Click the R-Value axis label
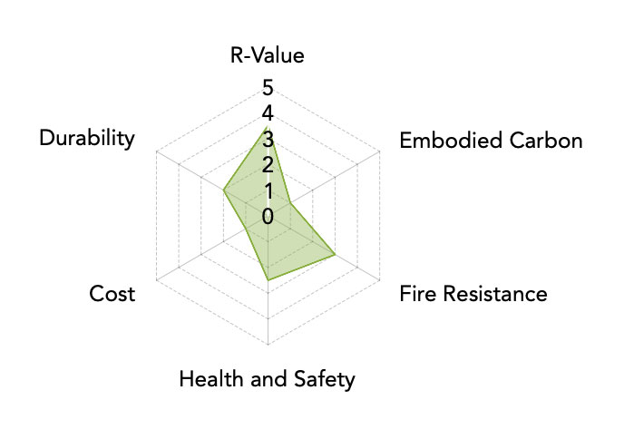267,55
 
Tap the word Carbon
546,141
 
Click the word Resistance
495,294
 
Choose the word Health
211,378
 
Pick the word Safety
324,379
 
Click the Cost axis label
112,294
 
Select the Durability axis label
87,139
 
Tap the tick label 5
268,88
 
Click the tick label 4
268,113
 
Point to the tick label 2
268,165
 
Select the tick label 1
268,190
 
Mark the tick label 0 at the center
268,217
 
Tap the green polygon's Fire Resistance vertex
335,254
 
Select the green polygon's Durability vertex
223,190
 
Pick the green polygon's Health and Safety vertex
268,280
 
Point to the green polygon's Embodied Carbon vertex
290,203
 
